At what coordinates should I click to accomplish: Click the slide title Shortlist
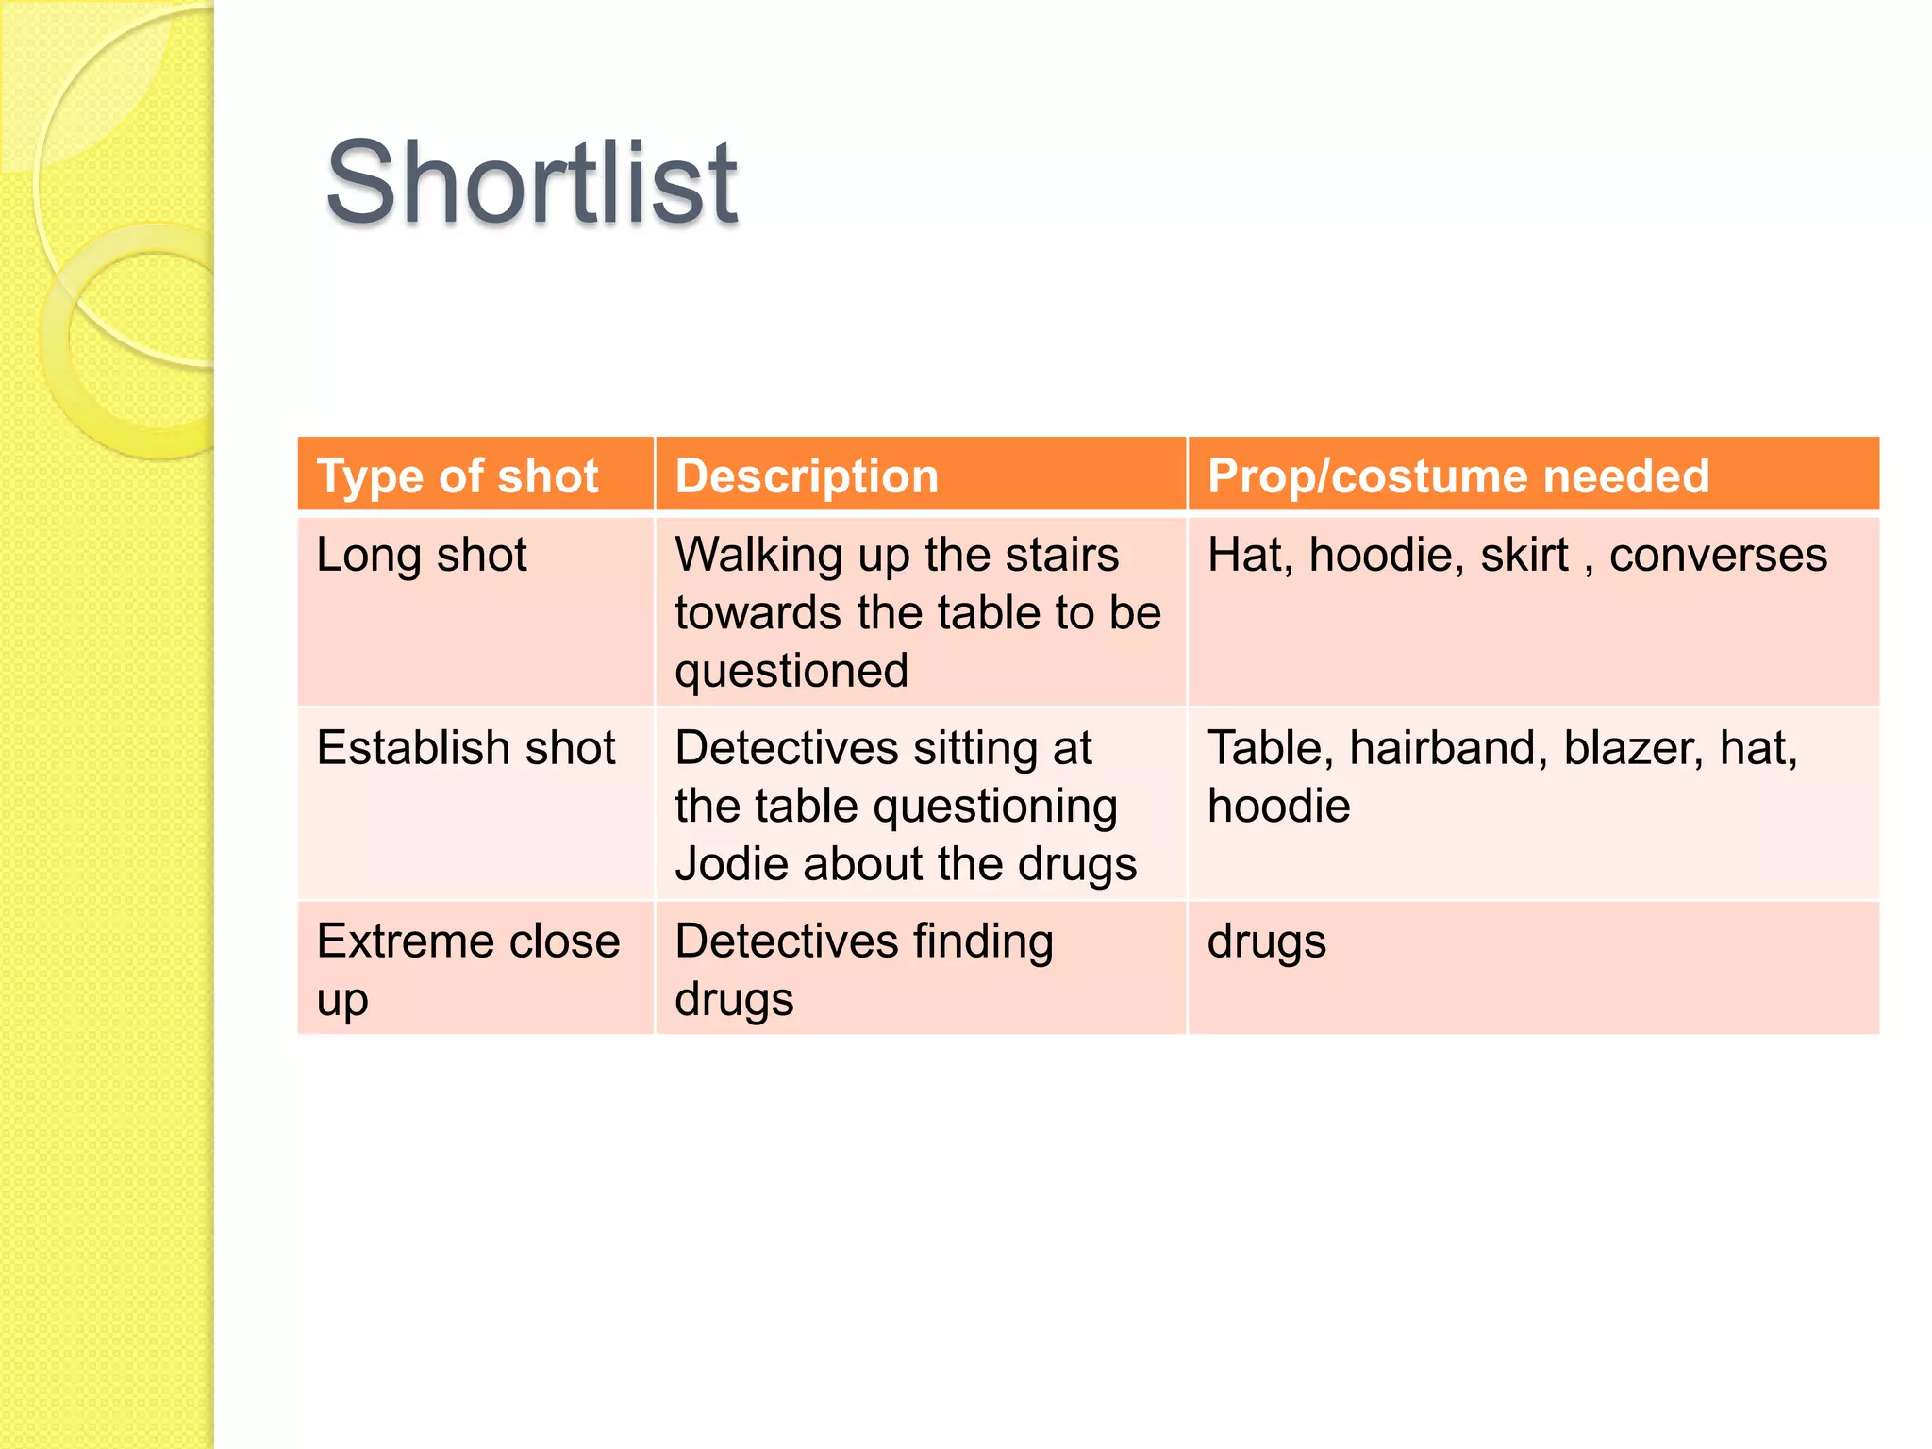tap(531, 183)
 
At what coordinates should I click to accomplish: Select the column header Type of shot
tap(458, 475)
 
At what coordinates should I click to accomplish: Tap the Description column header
tap(807, 475)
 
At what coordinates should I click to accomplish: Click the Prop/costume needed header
tap(1457, 475)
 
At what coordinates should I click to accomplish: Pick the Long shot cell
tap(422, 555)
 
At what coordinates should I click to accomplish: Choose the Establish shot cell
tap(466, 748)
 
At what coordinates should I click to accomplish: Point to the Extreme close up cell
tap(468, 969)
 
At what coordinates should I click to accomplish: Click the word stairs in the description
tap(1061, 555)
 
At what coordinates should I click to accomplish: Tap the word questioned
tap(791, 671)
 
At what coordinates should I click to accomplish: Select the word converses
tap(1718, 555)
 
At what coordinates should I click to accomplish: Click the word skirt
tap(1524, 555)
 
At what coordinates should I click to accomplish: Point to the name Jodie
tap(731, 864)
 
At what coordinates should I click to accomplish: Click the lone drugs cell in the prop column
tap(1266, 941)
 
